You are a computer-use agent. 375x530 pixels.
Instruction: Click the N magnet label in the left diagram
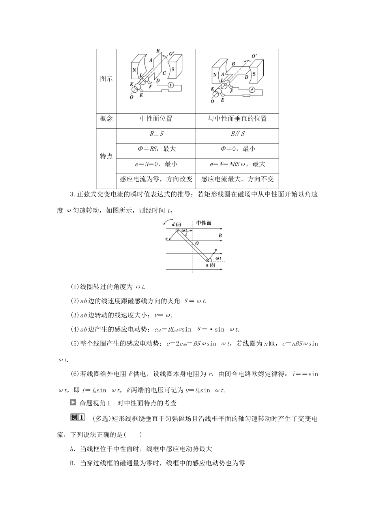134,70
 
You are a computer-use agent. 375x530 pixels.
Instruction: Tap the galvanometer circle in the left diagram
170,86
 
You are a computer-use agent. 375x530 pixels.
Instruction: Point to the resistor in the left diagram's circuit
164,92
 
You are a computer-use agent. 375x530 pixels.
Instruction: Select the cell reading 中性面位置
156,119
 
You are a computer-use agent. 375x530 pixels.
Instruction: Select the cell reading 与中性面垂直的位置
237,119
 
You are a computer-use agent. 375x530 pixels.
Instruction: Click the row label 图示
106,79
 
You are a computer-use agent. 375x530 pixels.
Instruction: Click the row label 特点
106,157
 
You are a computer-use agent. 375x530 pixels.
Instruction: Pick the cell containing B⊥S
156,134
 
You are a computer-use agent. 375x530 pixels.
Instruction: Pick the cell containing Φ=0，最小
237,149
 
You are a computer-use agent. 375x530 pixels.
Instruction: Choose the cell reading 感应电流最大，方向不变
237,179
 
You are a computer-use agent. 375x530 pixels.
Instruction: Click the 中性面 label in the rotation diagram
204,223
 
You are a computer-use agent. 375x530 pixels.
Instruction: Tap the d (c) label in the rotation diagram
176,224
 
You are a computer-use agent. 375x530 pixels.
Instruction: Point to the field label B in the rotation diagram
220,236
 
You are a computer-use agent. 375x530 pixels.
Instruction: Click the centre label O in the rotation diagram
197,244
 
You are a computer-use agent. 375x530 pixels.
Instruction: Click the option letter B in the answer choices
72,463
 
